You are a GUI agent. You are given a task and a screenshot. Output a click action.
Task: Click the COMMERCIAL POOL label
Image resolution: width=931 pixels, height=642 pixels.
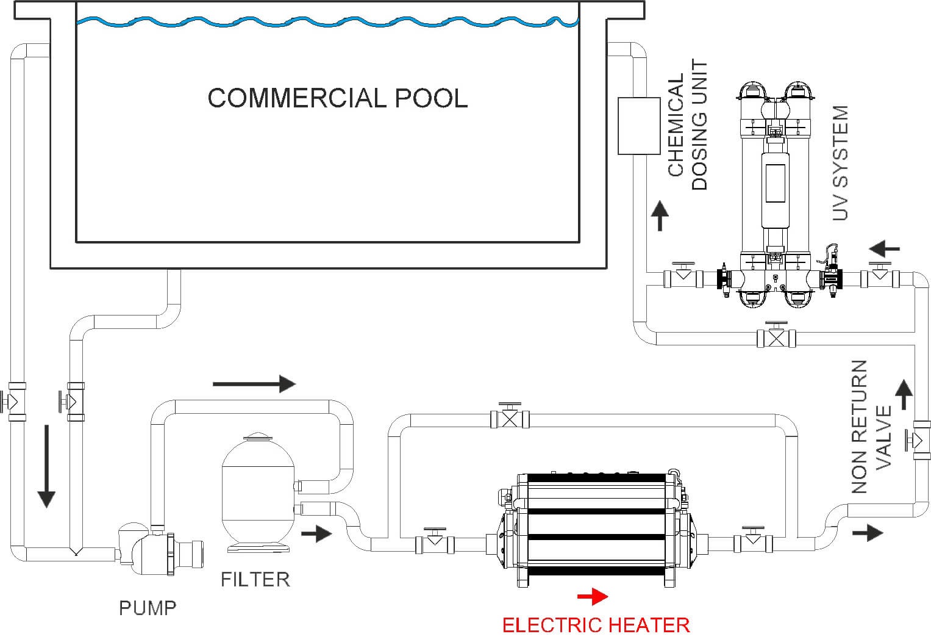[x=337, y=98]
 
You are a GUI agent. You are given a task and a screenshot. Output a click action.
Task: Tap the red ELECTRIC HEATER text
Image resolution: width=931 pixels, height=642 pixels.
[x=596, y=625]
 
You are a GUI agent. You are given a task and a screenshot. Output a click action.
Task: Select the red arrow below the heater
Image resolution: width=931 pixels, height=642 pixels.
[x=592, y=596]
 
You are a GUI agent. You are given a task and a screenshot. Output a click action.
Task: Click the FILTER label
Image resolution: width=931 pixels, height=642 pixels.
[x=255, y=579]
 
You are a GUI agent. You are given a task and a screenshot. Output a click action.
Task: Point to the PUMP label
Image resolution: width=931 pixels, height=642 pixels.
[x=148, y=608]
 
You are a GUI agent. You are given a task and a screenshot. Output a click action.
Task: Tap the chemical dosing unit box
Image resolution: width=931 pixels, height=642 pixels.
[x=639, y=125]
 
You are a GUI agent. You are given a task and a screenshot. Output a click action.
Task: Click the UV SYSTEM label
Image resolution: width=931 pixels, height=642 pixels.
[x=841, y=163]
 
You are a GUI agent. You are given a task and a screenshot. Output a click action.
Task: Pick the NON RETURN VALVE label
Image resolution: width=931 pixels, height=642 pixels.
[x=871, y=427]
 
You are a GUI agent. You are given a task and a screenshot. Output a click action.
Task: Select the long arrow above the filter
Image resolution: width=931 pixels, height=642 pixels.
[x=254, y=384]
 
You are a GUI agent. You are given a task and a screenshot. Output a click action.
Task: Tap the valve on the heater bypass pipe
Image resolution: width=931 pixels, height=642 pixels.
[x=510, y=418]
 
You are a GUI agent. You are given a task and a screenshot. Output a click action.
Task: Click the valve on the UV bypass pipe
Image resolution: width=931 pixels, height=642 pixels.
[x=776, y=337]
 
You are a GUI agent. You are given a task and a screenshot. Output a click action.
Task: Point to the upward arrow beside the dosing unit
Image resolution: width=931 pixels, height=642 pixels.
[x=660, y=215]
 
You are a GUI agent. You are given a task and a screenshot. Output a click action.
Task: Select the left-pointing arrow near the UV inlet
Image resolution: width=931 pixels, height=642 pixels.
[x=885, y=249]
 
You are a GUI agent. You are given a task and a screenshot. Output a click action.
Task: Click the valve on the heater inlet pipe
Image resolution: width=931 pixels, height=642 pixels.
[x=434, y=543]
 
